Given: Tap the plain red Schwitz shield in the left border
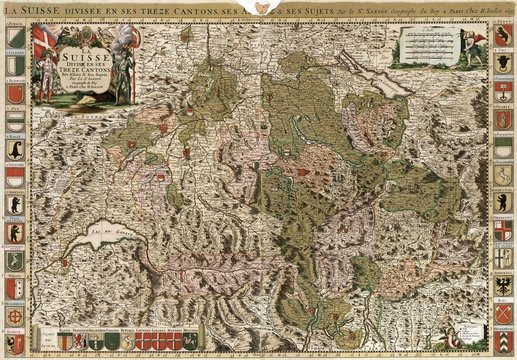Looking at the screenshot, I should coord(13,120).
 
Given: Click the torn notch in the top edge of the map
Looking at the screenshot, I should coord(263,8).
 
